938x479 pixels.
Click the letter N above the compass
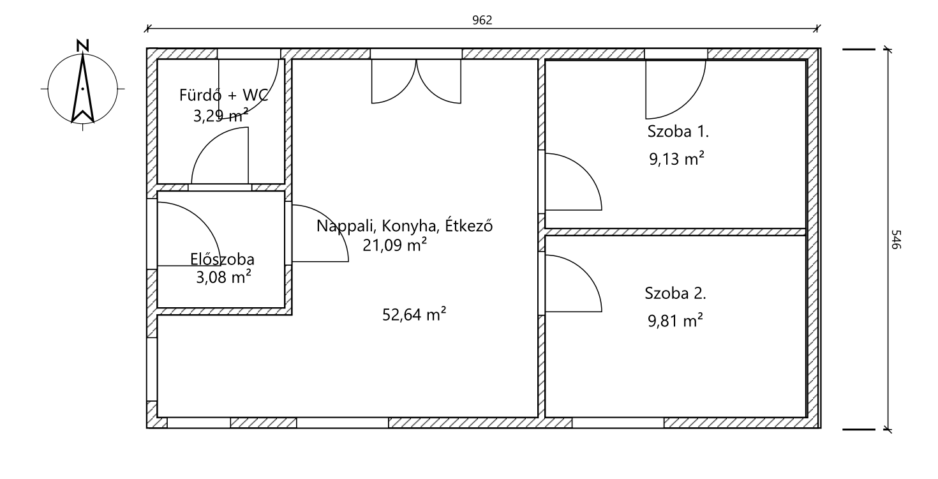pos(82,46)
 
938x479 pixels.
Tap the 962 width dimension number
pos(482,20)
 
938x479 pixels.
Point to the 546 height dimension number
pos(895,240)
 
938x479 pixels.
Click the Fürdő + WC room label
pos(223,95)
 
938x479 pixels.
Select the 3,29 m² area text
pos(221,115)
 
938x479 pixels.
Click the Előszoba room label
pos(222,259)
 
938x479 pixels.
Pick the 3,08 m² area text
pos(223,277)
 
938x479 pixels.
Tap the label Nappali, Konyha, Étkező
pos(405,226)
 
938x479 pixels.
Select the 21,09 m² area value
pos(394,245)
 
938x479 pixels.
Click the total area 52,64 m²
pos(414,314)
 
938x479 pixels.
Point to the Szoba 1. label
pos(678,131)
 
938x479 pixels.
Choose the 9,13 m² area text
pos(676,159)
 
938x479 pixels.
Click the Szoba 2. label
pos(676,293)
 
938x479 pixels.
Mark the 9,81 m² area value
pos(676,321)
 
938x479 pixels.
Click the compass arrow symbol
pos(82,89)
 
